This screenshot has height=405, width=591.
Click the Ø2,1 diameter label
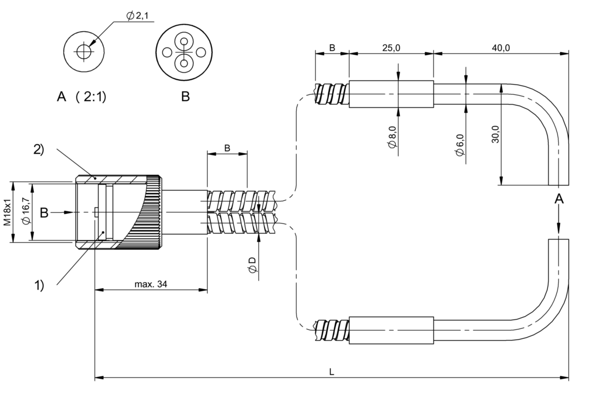pyautogui.click(x=137, y=16)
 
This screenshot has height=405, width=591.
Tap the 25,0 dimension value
pyautogui.click(x=391, y=48)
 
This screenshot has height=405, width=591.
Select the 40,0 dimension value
pyautogui.click(x=501, y=48)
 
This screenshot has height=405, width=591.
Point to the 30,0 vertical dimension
pyautogui.click(x=495, y=134)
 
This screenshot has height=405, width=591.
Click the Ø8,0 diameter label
pyautogui.click(x=393, y=137)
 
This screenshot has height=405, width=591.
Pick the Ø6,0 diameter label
pyautogui.click(x=460, y=145)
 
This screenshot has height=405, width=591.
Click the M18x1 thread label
pyautogui.click(x=7, y=212)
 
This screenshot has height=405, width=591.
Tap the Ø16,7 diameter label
pyautogui.click(x=27, y=211)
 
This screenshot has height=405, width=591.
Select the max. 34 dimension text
pyautogui.click(x=151, y=284)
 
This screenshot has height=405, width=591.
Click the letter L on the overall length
pyautogui.click(x=331, y=372)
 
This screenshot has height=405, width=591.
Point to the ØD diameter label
pyautogui.click(x=252, y=265)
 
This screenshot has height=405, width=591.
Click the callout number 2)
pyautogui.click(x=39, y=149)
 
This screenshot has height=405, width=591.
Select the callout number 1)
pyautogui.click(x=39, y=285)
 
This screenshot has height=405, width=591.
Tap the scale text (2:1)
pyautogui.click(x=91, y=97)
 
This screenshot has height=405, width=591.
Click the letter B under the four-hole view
pyautogui.click(x=185, y=96)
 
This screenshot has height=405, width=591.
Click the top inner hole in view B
pyautogui.click(x=184, y=42)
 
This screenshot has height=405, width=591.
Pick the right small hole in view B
pyautogui.click(x=201, y=52)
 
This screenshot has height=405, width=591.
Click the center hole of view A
pyautogui.click(x=84, y=52)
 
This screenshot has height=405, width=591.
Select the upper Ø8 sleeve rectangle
pyautogui.click(x=391, y=94)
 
